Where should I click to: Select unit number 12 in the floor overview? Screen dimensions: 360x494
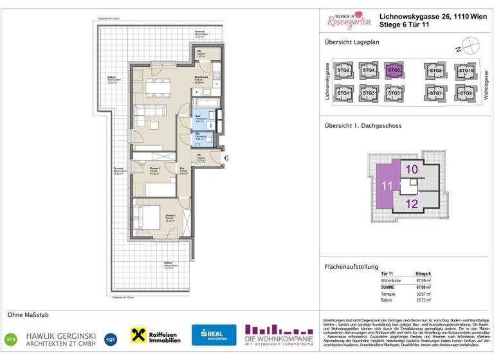[x=412, y=204]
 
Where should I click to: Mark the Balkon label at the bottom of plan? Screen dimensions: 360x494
[x=169, y=265]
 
